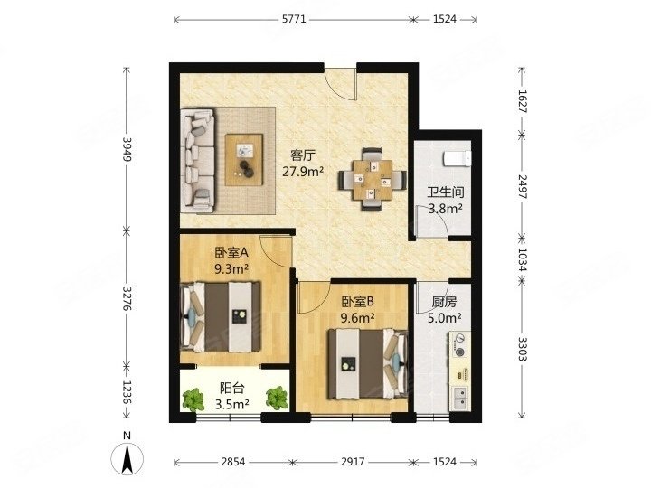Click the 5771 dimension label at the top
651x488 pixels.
(294, 19)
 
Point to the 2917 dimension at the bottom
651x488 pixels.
(353, 462)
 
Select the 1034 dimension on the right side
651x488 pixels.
(523, 259)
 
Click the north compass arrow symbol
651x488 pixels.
(127, 458)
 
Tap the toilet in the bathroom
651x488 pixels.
(458, 158)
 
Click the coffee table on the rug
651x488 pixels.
(244, 160)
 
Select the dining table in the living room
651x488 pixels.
(373, 180)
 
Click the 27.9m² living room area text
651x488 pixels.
(303, 171)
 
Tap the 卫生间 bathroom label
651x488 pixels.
(446, 192)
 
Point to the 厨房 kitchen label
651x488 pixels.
(444, 302)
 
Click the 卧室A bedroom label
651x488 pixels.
(231, 252)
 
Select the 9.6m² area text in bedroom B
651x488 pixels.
(358, 318)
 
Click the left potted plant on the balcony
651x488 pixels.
(193, 399)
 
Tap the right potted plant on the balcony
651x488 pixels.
(277, 398)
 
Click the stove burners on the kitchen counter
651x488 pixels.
(459, 345)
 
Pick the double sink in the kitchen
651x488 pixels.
(459, 398)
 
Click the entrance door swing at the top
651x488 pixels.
(341, 83)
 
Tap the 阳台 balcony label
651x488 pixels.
(231, 389)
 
